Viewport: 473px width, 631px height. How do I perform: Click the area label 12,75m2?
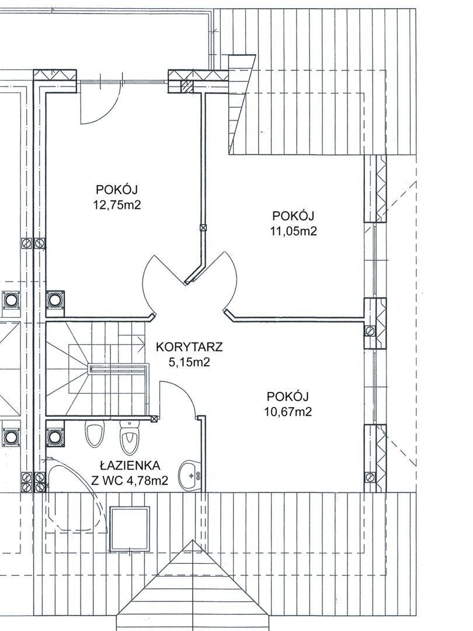click(x=117, y=205)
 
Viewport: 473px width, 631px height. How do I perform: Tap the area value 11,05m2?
click(x=293, y=231)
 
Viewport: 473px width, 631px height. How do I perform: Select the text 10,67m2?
click(x=288, y=412)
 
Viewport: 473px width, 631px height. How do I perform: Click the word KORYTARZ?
click(x=189, y=346)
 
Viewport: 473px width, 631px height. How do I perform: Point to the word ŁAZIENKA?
click(x=130, y=466)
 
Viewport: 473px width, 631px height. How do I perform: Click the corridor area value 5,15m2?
click(x=189, y=362)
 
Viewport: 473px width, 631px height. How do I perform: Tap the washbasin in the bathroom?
click(x=191, y=476)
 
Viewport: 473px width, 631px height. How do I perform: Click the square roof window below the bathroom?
click(x=130, y=529)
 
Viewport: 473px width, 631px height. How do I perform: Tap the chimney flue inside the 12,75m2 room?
click(x=55, y=300)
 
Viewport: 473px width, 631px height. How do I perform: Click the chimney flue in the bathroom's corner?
click(x=55, y=436)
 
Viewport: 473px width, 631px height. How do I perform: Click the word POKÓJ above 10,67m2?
click(x=287, y=396)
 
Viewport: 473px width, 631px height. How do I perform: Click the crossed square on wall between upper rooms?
click(x=203, y=227)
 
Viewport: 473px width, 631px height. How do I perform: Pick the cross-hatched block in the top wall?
click(x=187, y=85)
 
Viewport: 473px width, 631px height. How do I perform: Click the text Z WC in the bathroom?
click(x=105, y=480)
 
